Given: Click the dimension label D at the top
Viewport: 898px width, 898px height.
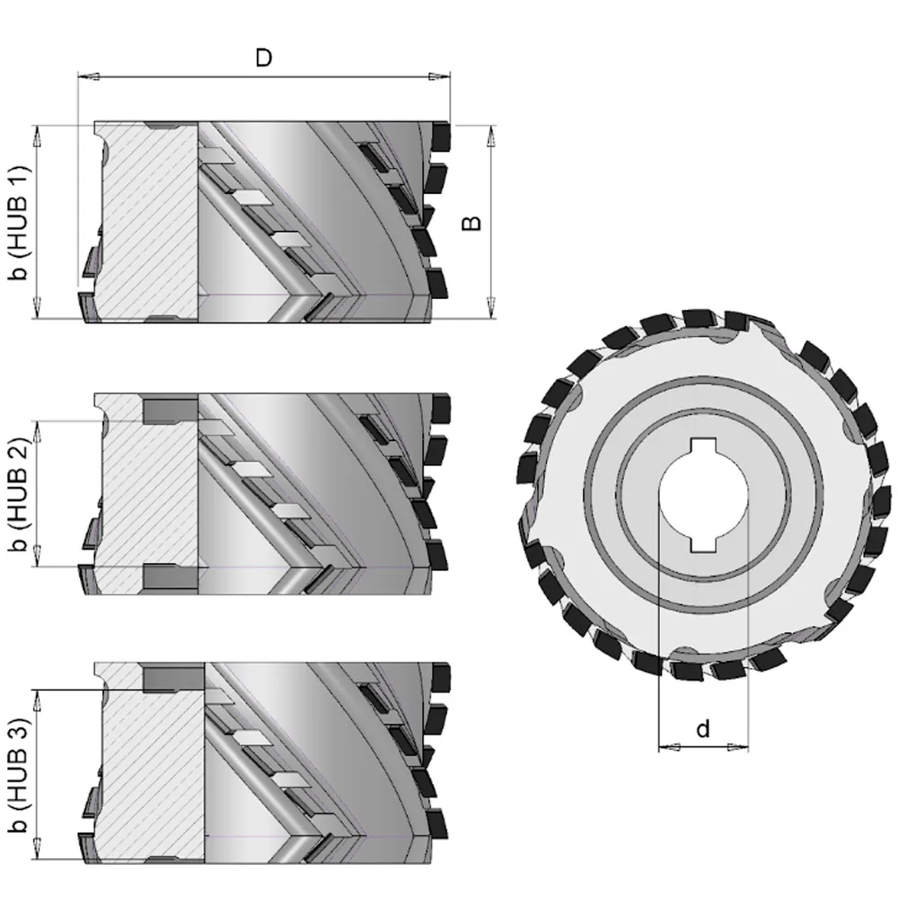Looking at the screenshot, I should (x=263, y=58).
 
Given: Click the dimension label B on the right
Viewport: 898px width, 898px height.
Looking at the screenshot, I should (x=472, y=222).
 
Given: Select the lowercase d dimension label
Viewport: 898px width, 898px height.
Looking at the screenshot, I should (x=703, y=729).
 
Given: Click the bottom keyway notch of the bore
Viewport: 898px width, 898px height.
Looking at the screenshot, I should (x=703, y=545).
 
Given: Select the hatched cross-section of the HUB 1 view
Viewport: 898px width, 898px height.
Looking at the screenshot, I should (x=148, y=223).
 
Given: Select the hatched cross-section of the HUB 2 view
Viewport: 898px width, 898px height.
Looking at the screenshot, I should (x=148, y=494).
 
